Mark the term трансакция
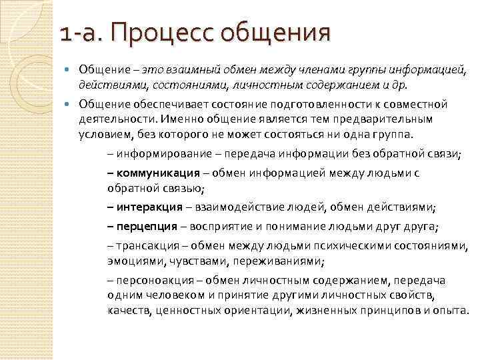click(x=143, y=245)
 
